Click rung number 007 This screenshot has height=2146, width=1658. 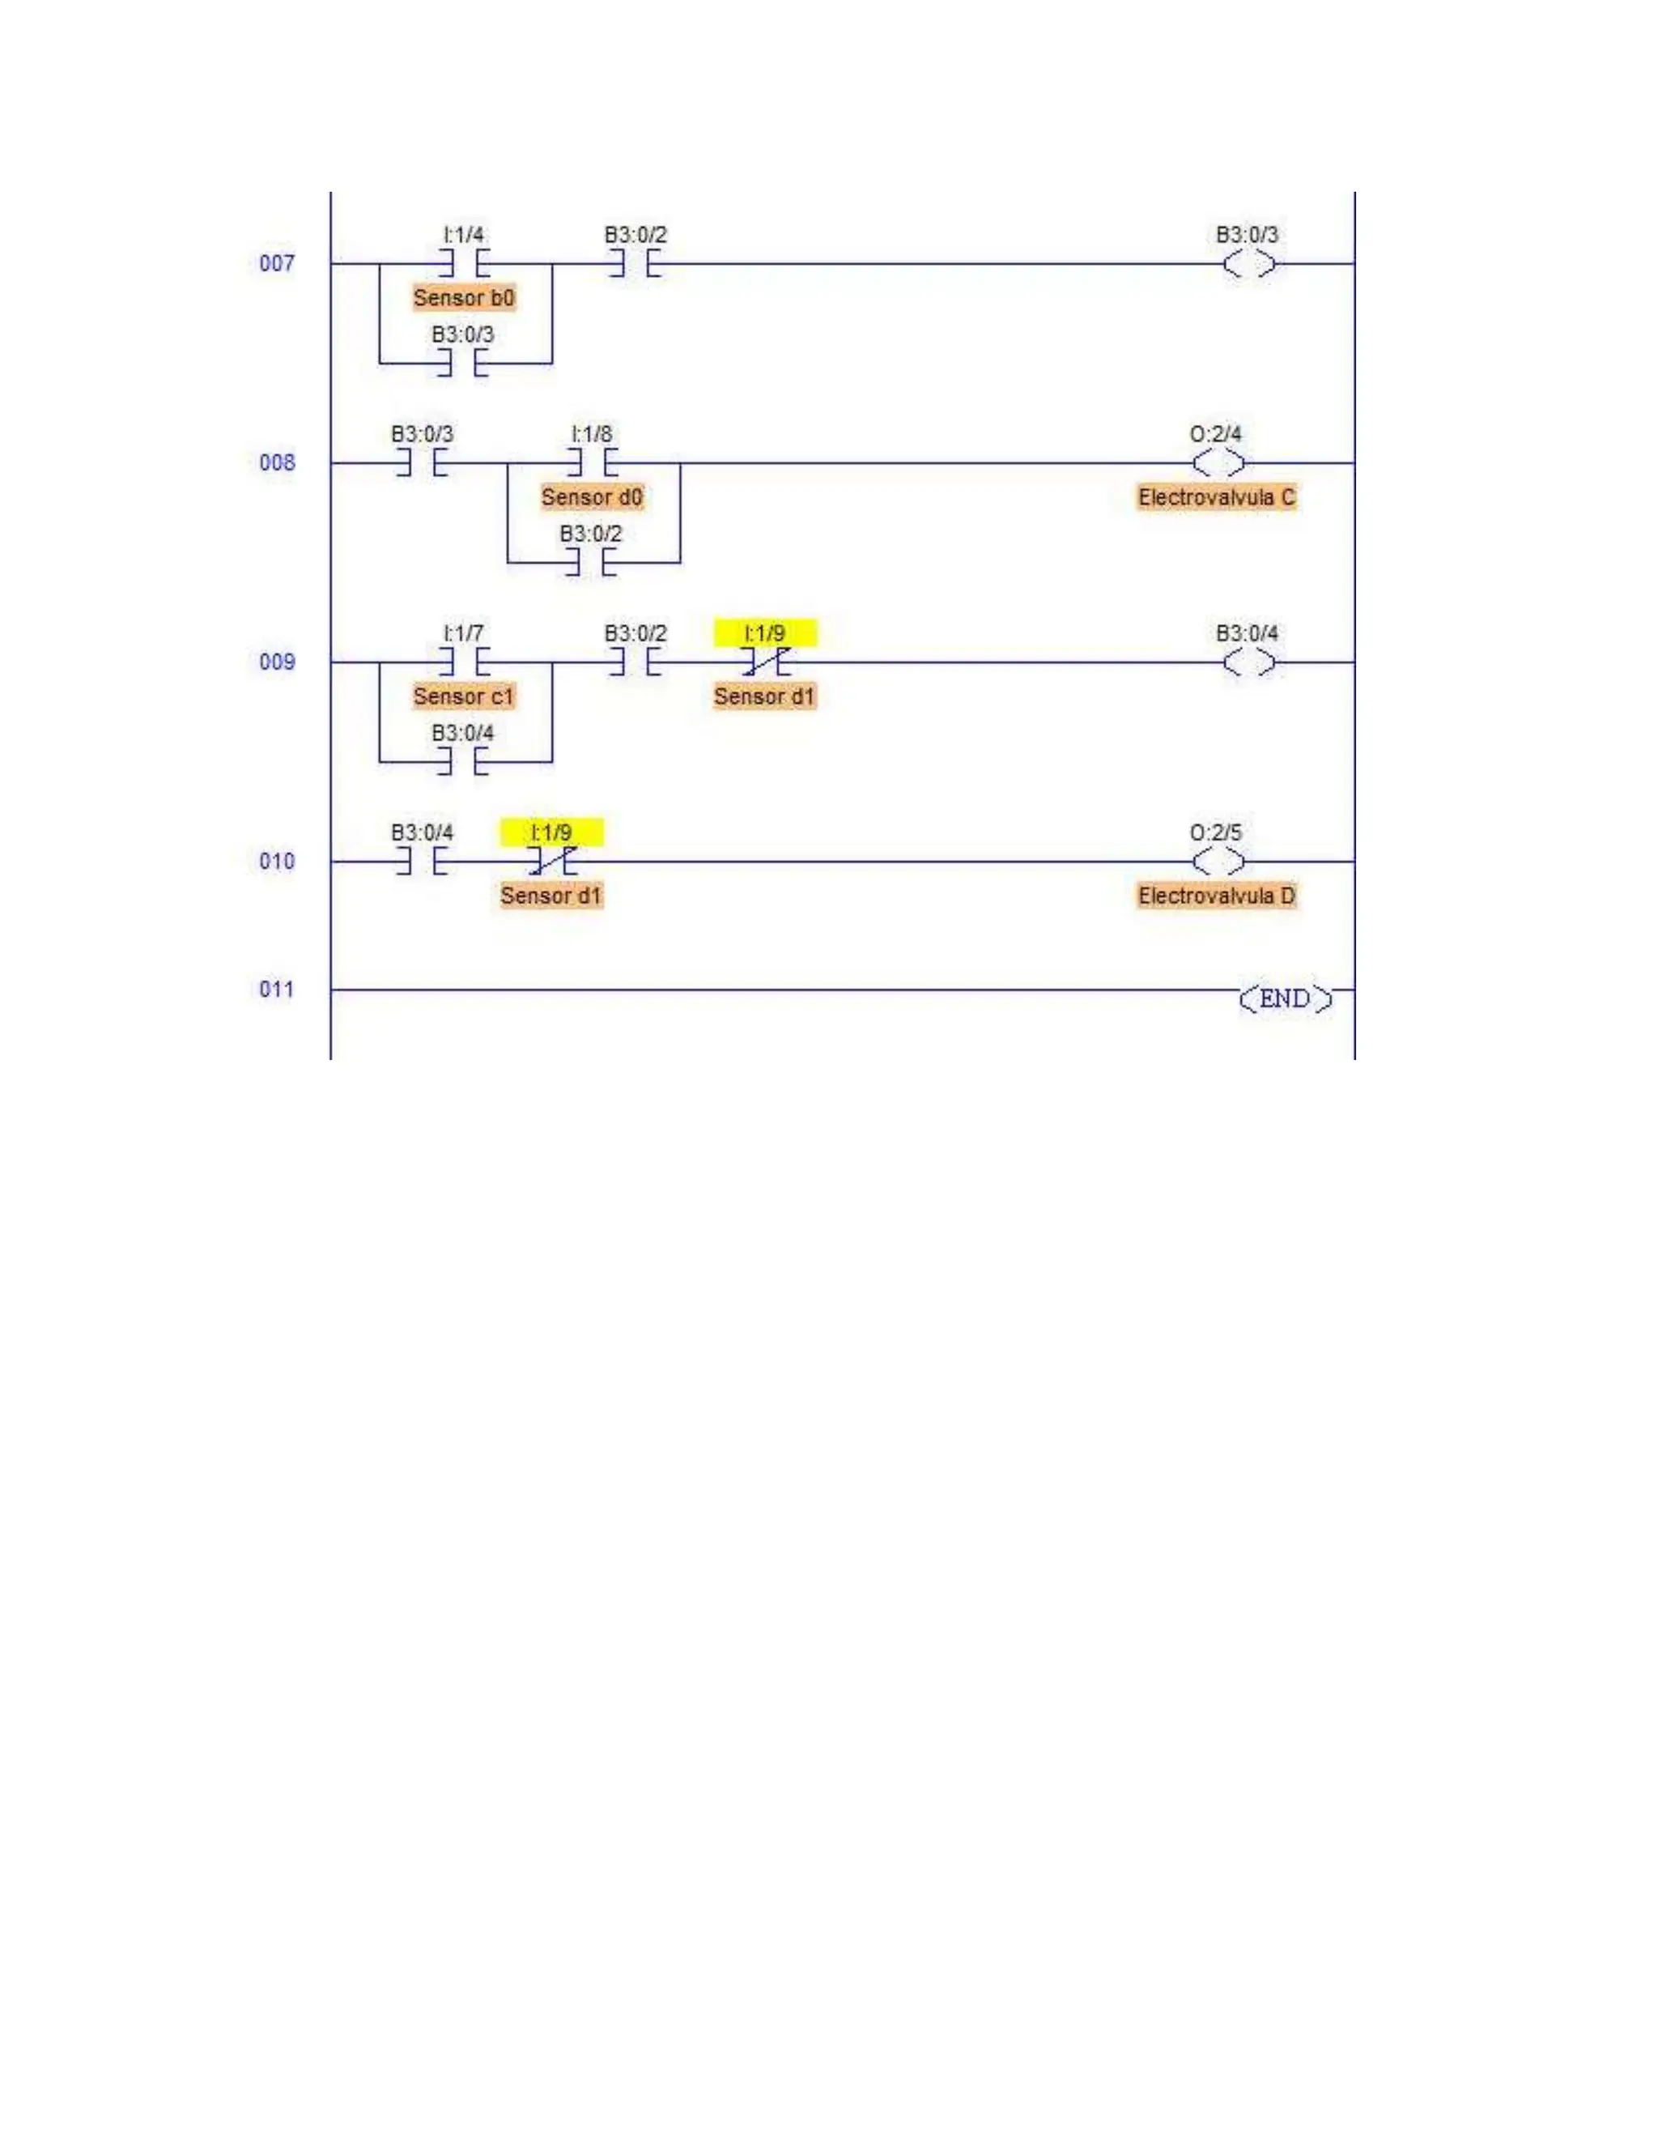pos(276,263)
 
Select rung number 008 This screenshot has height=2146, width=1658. pos(276,462)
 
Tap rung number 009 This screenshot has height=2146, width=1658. pos(276,662)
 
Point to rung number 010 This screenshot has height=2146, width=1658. pos(276,862)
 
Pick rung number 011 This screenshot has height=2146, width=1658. pos(276,990)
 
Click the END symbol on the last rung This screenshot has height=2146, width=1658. pos(1285,999)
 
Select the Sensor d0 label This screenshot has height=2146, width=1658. pos(591,497)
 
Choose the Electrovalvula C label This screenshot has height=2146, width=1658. pos(1216,497)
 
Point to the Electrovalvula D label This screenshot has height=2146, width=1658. pos(1216,896)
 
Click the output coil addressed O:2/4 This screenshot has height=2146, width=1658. pos(1218,462)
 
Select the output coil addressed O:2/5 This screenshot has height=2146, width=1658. pos(1218,862)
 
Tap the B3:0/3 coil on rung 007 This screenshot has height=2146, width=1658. pos(1249,263)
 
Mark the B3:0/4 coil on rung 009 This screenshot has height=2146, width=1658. pos(1249,662)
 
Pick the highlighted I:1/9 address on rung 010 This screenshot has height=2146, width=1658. pos(551,833)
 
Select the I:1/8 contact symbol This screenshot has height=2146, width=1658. pos(591,462)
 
